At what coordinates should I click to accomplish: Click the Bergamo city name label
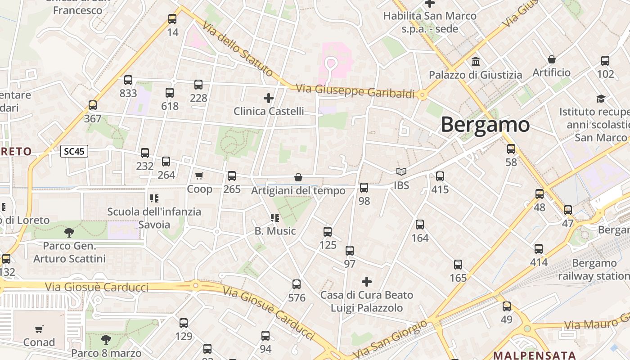click(x=485, y=124)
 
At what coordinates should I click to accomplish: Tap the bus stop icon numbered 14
click(x=172, y=19)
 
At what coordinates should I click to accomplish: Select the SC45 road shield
click(x=74, y=151)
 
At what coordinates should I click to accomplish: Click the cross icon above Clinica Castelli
click(x=269, y=98)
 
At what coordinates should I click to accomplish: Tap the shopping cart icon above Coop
click(x=199, y=175)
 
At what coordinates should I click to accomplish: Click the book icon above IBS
click(x=401, y=171)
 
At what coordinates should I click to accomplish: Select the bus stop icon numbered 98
click(x=364, y=188)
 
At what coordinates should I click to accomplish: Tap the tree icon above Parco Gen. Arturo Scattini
click(x=69, y=232)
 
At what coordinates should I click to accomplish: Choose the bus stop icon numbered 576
click(x=297, y=284)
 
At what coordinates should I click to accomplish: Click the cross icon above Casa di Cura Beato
click(x=367, y=282)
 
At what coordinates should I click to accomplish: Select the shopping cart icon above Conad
click(x=39, y=329)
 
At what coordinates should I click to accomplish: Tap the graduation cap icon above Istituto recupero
click(x=601, y=98)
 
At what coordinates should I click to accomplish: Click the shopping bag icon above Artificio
click(x=551, y=59)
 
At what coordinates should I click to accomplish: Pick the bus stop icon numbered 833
click(x=128, y=80)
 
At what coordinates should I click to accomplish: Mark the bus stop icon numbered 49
click(x=507, y=306)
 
